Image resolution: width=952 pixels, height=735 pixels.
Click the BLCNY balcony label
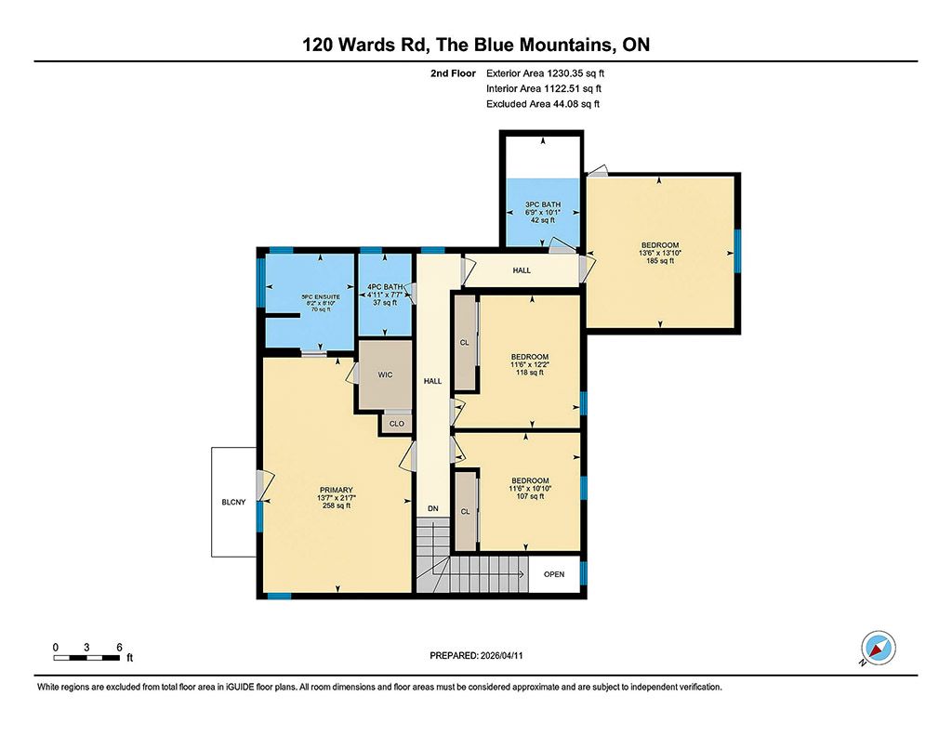(x=233, y=502)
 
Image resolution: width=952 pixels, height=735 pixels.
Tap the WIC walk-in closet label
(x=386, y=375)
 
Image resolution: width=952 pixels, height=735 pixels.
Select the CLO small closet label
(x=396, y=424)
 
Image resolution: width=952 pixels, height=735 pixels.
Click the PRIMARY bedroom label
(x=337, y=491)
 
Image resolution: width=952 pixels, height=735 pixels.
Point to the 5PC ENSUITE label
(x=321, y=297)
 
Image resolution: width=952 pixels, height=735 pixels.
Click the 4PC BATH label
(x=385, y=287)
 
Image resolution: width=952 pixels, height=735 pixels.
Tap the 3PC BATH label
(x=543, y=204)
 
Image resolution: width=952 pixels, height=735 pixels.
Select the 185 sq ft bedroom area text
(x=660, y=261)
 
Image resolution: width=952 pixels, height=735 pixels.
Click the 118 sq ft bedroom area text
(x=530, y=373)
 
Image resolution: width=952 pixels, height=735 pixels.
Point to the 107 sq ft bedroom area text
(x=530, y=496)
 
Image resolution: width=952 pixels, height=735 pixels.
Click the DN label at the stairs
(x=433, y=509)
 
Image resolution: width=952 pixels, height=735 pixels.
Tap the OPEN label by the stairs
(x=554, y=574)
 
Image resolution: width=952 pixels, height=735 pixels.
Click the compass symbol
(x=878, y=648)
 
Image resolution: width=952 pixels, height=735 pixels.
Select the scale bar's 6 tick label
(x=120, y=648)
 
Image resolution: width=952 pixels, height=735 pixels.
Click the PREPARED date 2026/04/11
(x=501, y=655)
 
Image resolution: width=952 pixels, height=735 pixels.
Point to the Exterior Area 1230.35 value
(x=564, y=73)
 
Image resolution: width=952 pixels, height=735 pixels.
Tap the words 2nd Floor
(x=453, y=73)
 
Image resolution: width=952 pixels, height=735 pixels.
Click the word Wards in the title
(x=364, y=45)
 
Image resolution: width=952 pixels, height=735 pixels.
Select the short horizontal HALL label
(x=522, y=270)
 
